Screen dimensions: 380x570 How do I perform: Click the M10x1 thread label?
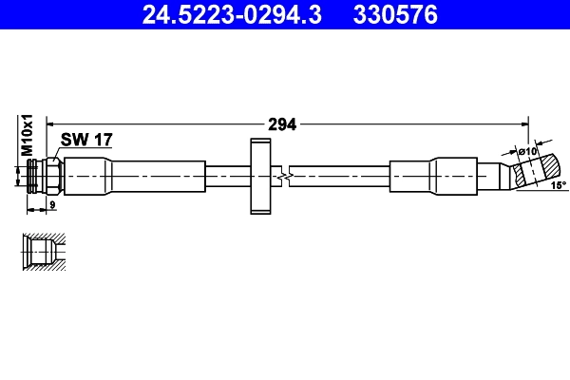click(28, 135)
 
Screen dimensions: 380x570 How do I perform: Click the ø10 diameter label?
click(527, 151)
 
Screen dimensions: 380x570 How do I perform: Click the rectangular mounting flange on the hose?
click(259, 177)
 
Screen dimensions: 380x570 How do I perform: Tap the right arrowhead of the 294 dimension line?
click(523, 123)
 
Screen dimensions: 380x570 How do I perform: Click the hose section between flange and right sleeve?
click(342, 177)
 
